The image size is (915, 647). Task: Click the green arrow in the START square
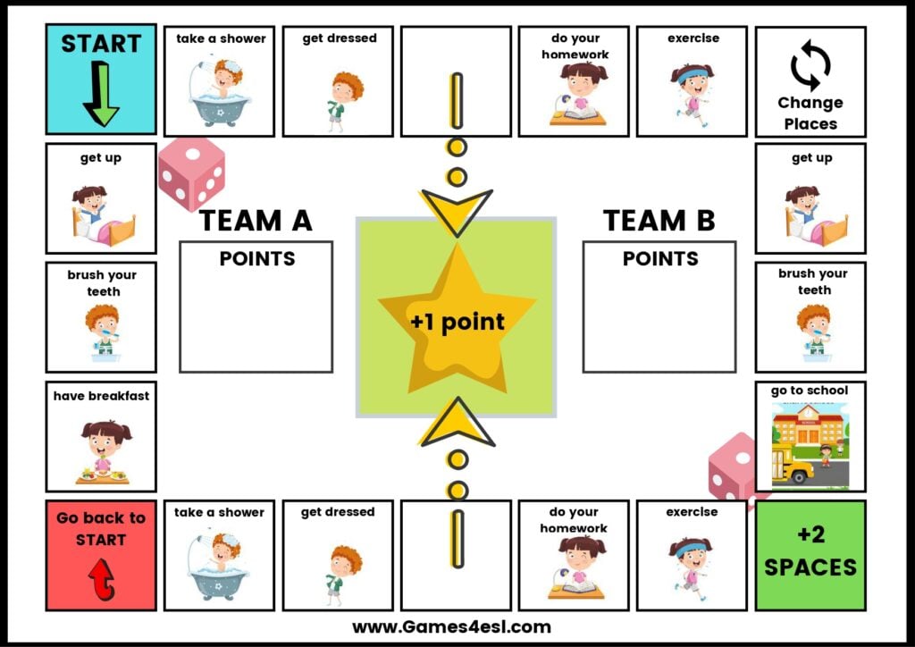(x=101, y=93)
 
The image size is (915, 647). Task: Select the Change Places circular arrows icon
(x=810, y=65)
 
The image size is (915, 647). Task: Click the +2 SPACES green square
(x=810, y=554)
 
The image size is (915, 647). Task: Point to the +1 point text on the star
(x=457, y=322)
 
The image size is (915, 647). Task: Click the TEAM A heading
(x=256, y=220)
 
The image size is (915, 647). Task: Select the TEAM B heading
(x=659, y=220)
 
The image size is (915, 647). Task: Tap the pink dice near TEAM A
(x=191, y=173)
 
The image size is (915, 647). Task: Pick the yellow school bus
(x=790, y=468)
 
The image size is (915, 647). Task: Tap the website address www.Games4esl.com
(x=451, y=626)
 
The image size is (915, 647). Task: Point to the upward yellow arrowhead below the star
(x=457, y=424)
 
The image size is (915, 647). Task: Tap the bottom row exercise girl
(x=690, y=567)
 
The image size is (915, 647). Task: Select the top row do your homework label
(x=574, y=46)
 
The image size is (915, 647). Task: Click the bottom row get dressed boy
(x=340, y=573)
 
